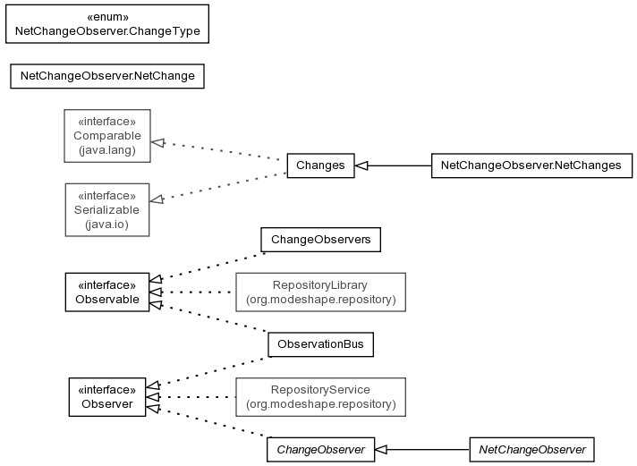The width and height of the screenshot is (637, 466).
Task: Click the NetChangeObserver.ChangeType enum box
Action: [x=107, y=24]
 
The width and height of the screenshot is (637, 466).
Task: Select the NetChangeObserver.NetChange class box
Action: [x=107, y=76]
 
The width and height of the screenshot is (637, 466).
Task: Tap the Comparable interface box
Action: [x=107, y=136]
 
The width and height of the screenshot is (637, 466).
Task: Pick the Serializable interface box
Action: [x=107, y=209]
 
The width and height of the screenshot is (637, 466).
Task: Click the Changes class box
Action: [x=320, y=165]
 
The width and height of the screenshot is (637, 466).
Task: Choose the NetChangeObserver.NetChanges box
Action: [x=531, y=165]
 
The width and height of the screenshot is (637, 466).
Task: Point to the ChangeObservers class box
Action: [x=320, y=240]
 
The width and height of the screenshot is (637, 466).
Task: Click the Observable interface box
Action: [x=107, y=292]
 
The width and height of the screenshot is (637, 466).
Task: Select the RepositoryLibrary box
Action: [x=320, y=292]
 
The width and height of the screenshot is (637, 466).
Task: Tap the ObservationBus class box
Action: [x=320, y=344]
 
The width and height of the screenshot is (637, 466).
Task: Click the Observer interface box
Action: [x=107, y=397]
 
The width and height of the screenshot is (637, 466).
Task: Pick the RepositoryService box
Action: [x=320, y=397]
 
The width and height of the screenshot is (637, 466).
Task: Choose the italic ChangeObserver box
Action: [x=320, y=450]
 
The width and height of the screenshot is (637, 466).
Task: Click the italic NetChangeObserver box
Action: [x=531, y=450]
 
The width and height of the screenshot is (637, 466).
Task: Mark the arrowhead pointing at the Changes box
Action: [x=361, y=165]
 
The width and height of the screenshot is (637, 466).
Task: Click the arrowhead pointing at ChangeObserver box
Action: [x=380, y=450]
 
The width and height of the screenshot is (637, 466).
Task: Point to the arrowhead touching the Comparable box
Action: [x=157, y=142]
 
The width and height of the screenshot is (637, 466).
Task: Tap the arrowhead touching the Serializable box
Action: [x=157, y=199]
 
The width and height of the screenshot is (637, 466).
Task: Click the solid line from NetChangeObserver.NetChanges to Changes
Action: [x=393, y=165]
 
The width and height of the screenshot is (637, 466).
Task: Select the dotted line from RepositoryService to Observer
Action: [x=191, y=397]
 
